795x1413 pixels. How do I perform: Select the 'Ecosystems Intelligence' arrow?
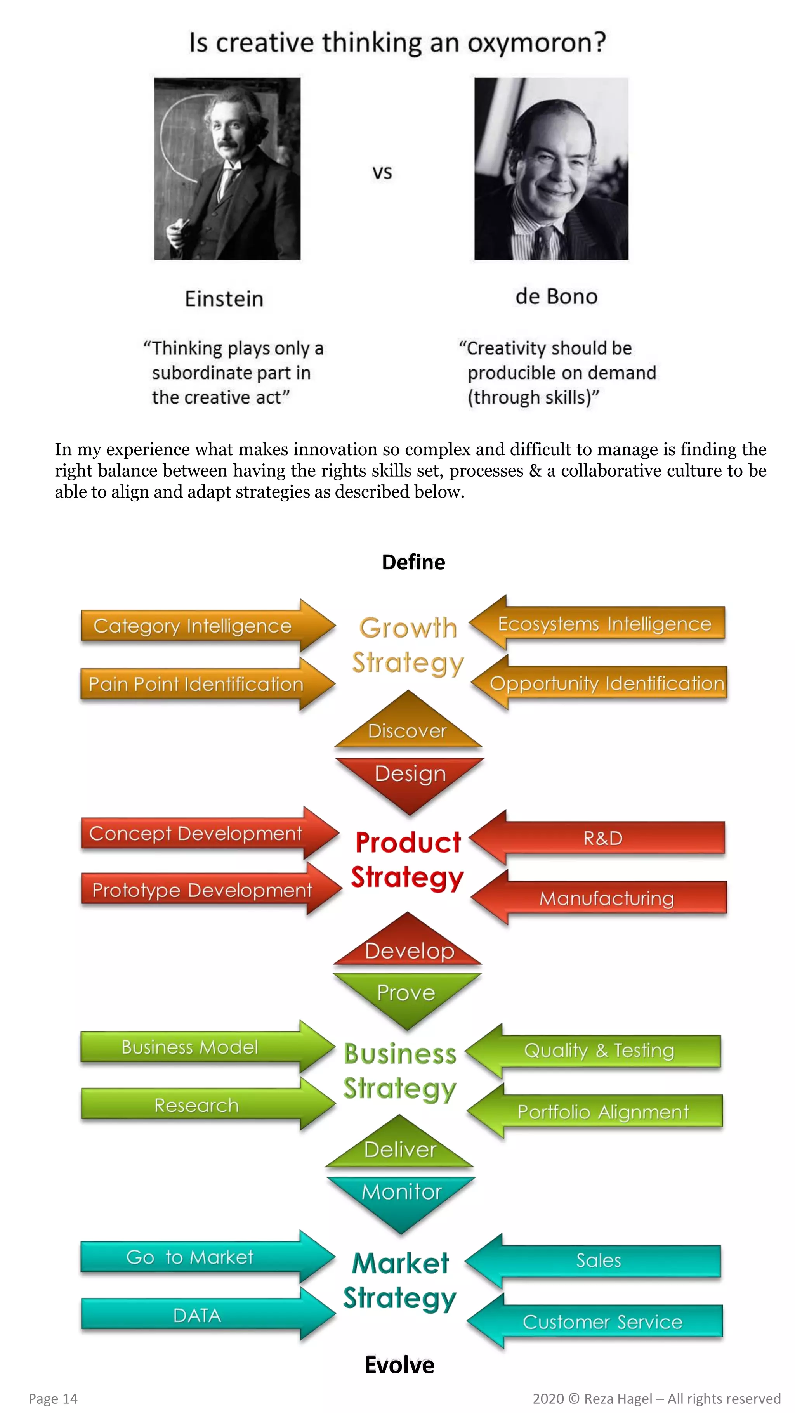coord(604,624)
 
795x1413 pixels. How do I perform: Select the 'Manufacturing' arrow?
coord(606,898)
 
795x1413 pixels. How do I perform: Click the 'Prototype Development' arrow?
coord(202,890)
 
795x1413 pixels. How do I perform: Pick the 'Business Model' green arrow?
coord(190,1047)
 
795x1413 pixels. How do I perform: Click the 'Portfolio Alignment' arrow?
coord(602,1112)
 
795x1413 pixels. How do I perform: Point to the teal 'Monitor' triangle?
coord(402,1196)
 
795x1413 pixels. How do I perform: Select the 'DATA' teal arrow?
coord(197,1315)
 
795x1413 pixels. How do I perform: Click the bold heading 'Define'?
coord(413,562)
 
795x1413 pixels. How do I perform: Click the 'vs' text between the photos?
coord(382,173)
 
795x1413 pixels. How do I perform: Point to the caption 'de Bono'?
coord(556,297)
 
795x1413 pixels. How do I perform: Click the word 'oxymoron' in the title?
coord(536,43)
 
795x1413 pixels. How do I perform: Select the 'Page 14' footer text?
coord(53,1398)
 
